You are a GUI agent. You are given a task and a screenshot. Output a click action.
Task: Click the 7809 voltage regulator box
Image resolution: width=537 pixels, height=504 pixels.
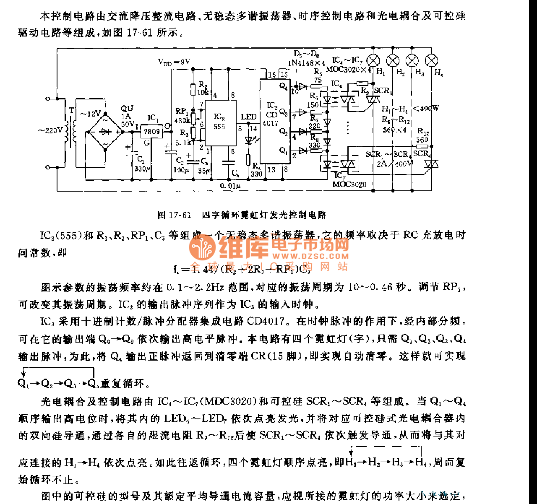(151, 131)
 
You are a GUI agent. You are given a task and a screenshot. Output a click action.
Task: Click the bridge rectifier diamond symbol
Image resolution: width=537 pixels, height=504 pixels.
(105, 132)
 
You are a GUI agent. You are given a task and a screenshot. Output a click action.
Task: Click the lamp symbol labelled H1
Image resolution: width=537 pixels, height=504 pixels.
(373, 60)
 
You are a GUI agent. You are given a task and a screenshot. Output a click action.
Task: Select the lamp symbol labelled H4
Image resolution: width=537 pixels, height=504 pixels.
(431, 60)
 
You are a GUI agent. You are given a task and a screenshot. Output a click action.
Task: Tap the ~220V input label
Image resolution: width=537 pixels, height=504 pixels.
(50, 130)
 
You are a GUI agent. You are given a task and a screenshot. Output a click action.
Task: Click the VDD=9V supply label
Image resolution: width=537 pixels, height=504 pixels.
(174, 62)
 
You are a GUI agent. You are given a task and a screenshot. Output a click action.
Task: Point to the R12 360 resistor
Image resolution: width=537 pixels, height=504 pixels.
(422, 147)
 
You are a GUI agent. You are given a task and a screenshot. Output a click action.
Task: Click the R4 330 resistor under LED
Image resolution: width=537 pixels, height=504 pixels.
(248, 159)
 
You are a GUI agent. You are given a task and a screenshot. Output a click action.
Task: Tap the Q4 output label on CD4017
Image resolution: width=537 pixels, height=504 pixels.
(284, 87)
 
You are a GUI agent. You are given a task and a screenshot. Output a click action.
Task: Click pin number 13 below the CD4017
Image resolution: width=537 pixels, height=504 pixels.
(271, 169)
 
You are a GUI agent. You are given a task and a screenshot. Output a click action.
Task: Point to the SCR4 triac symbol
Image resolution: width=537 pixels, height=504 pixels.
(430, 164)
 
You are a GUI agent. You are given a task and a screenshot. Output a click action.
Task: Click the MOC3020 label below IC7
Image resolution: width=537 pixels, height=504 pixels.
(349, 184)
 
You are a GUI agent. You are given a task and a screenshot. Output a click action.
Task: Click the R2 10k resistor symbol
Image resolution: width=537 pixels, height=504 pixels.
(193, 89)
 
